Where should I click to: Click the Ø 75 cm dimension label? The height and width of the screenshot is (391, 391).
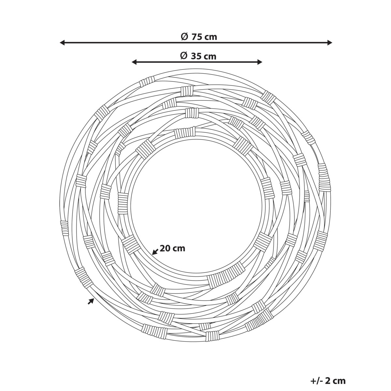click(x=199, y=37)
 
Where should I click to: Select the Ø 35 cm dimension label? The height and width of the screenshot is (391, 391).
click(x=198, y=56)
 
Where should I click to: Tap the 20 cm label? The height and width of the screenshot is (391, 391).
click(x=172, y=248)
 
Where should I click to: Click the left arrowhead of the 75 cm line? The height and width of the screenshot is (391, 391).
click(x=63, y=43)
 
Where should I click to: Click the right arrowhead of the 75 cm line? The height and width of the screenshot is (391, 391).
click(x=329, y=43)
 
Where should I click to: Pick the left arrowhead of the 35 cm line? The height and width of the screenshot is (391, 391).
click(x=134, y=62)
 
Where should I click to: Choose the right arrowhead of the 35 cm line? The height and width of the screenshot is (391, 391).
click(x=260, y=62)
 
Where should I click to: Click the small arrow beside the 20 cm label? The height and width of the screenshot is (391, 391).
click(x=155, y=252)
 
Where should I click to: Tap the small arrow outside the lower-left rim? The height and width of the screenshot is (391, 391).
click(x=91, y=307)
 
